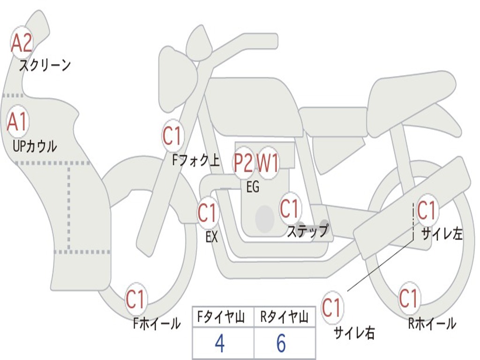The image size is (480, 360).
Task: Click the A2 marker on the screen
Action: click(x=21, y=43)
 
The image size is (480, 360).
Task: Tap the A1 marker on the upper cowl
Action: click(x=18, y=122)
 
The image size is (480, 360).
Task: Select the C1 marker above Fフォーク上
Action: click(x=172, y=136)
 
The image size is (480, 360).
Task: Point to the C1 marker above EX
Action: click(x=207, y=213)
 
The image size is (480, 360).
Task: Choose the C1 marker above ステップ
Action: click(x=289, y=208)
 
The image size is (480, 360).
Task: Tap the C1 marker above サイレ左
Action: click(x=427, y=210)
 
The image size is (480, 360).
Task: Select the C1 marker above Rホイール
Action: click(x=408, y=298)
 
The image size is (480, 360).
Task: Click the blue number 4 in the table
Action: click(x=219, y=344)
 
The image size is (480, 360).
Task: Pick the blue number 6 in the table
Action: click(x=281, y=344)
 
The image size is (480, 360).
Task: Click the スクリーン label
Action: click(x=45, y=65)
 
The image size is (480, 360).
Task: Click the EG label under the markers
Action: click(x=253, y=187)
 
